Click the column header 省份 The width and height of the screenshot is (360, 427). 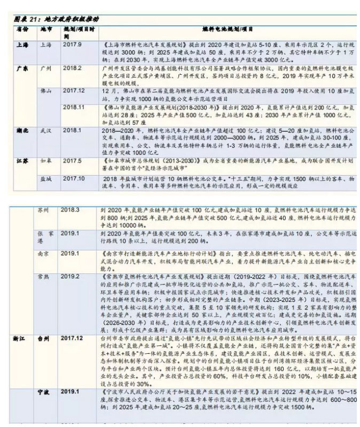click(22, 30)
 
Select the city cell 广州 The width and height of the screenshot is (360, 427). click(46, 69)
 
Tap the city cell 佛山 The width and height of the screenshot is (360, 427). click(47, 91)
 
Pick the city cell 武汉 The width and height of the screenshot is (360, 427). click(47, 130)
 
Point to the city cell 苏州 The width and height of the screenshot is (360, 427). click(46, 210)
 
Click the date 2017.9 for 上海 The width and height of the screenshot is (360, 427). click(72, 44)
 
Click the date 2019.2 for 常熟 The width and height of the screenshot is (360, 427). click(70, 276)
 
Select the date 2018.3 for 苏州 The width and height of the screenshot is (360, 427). click(70, 210)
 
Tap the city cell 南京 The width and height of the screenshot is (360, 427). click(46, 252)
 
